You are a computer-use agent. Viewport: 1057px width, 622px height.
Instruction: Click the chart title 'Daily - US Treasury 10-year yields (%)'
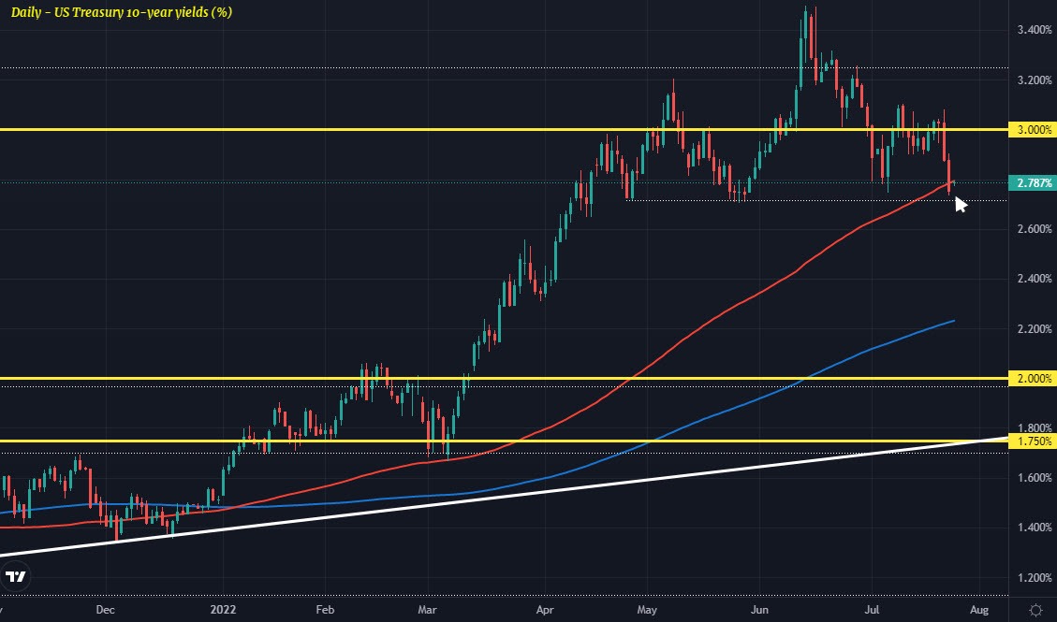(x=122, y=12)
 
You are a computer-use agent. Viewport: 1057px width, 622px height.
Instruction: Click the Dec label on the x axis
(x=105, y=609)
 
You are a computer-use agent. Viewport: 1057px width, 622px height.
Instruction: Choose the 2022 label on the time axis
(x=225, y=609)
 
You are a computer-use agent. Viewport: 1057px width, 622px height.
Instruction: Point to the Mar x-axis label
(x=427, y=609)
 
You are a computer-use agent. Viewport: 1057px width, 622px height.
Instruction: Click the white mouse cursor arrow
(x=960, y=203)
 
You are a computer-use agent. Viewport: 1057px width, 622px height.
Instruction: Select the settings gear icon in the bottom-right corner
(x=1036, y=609)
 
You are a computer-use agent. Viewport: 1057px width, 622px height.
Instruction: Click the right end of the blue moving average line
(x=953, y=321)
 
